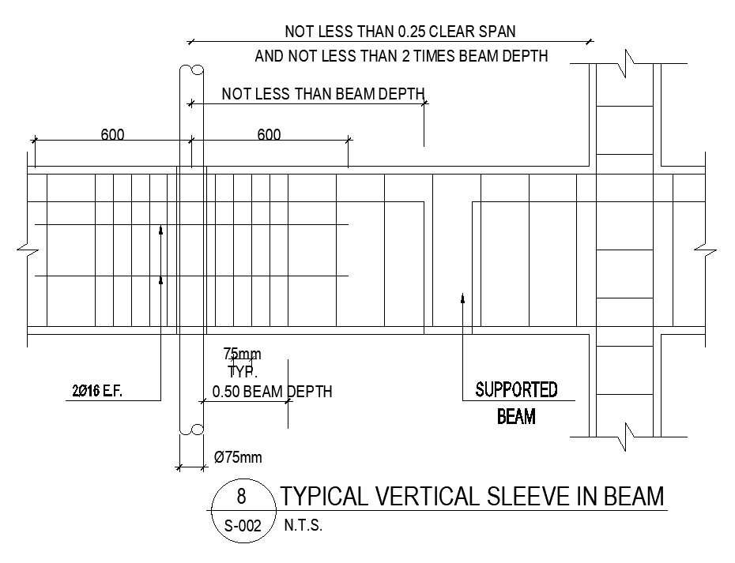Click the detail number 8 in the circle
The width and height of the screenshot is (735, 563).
point(242,497)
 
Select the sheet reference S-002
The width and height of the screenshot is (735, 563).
point(242,526)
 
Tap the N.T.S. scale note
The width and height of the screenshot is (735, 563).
point(303,526)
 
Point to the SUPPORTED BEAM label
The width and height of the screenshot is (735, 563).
point(516,402)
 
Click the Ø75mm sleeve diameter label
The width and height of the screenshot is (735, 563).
point(238,457)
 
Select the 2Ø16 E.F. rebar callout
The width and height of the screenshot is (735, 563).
point(96,391)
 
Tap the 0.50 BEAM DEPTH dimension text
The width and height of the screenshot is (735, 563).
point(272,392)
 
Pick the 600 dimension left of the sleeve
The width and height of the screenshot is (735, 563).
point(112,135)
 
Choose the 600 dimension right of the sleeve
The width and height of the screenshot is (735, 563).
point(269,135)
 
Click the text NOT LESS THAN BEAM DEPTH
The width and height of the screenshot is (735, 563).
point(323,94)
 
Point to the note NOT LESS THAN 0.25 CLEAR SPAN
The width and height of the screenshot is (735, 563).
point(400,32)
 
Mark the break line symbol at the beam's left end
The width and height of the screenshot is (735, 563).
point(26,249)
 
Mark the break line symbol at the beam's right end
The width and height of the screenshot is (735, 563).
point(706,250)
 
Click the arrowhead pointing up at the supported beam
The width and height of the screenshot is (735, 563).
point(462,297)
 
